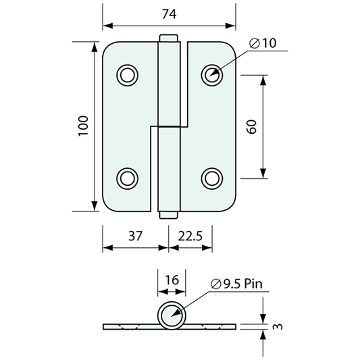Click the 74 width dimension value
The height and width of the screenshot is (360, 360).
170,14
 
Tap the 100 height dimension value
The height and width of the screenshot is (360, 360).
83,126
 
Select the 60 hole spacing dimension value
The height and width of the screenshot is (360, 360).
252,127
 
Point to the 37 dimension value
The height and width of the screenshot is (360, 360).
135,236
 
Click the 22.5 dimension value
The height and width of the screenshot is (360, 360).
190,236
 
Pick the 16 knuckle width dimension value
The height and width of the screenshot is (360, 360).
172,280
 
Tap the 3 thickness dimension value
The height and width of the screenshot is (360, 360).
278,326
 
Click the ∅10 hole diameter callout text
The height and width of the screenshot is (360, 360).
263,43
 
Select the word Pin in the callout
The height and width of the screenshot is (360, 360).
253,284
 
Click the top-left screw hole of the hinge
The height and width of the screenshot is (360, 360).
127,75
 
